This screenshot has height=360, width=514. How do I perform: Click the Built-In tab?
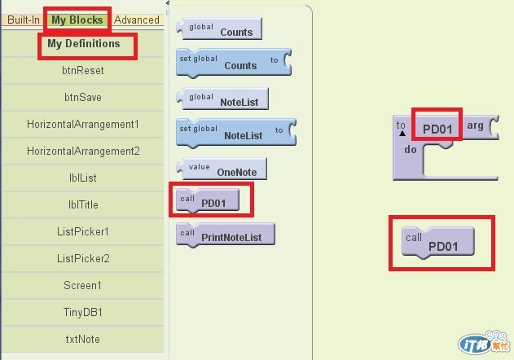point(24,20)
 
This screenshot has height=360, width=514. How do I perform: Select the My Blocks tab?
point(77,20)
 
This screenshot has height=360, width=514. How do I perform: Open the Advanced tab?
point(137,20)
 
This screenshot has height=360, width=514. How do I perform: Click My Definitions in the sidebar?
point(83,44)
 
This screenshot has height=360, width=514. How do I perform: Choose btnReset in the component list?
point(83,71)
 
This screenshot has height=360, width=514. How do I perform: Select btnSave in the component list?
point(83,98)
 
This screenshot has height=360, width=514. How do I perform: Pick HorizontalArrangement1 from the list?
point(83,125)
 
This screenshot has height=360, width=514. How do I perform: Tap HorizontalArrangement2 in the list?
point(83,151)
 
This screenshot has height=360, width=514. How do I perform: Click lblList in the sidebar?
point(83,178)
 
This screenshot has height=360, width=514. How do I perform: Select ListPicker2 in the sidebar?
point(83,259)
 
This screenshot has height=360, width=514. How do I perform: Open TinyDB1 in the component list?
point(83,313)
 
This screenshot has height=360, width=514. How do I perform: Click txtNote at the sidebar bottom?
point(83,340)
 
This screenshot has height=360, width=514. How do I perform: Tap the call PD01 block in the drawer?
point(210,200)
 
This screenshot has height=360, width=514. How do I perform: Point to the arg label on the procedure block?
point(476,127)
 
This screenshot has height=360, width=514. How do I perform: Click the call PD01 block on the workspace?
point(439,243)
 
